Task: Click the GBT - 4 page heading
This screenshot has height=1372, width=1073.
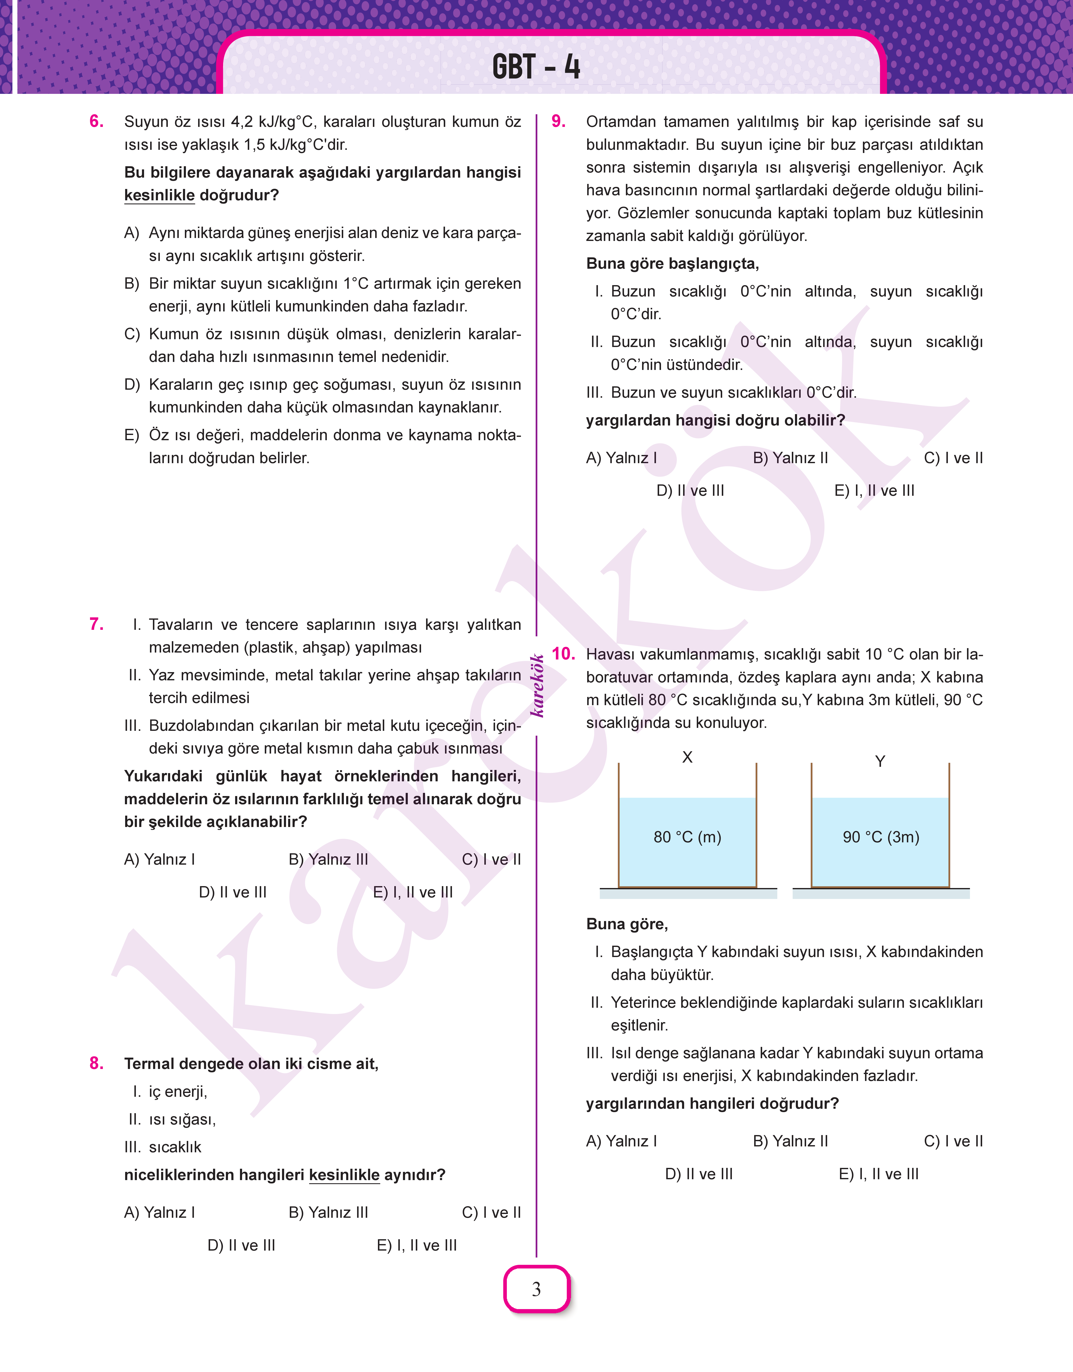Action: [536, 67]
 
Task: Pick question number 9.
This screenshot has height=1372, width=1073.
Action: [558, 121]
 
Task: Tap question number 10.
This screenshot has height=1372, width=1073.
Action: [563, 654]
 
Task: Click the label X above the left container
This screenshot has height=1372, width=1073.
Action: [687, 757]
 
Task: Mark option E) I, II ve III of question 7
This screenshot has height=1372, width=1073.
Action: [413, 892]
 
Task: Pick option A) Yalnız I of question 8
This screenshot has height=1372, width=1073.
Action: [160, 1212]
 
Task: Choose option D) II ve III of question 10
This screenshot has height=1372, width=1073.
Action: [699, 1174]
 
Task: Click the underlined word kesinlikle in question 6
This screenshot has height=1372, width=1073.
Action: [160, 195]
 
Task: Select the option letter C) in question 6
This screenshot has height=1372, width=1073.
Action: [132, 334]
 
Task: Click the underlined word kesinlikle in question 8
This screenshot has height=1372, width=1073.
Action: [344, 1175]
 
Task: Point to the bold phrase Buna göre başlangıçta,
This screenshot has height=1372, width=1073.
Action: [672, 263]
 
